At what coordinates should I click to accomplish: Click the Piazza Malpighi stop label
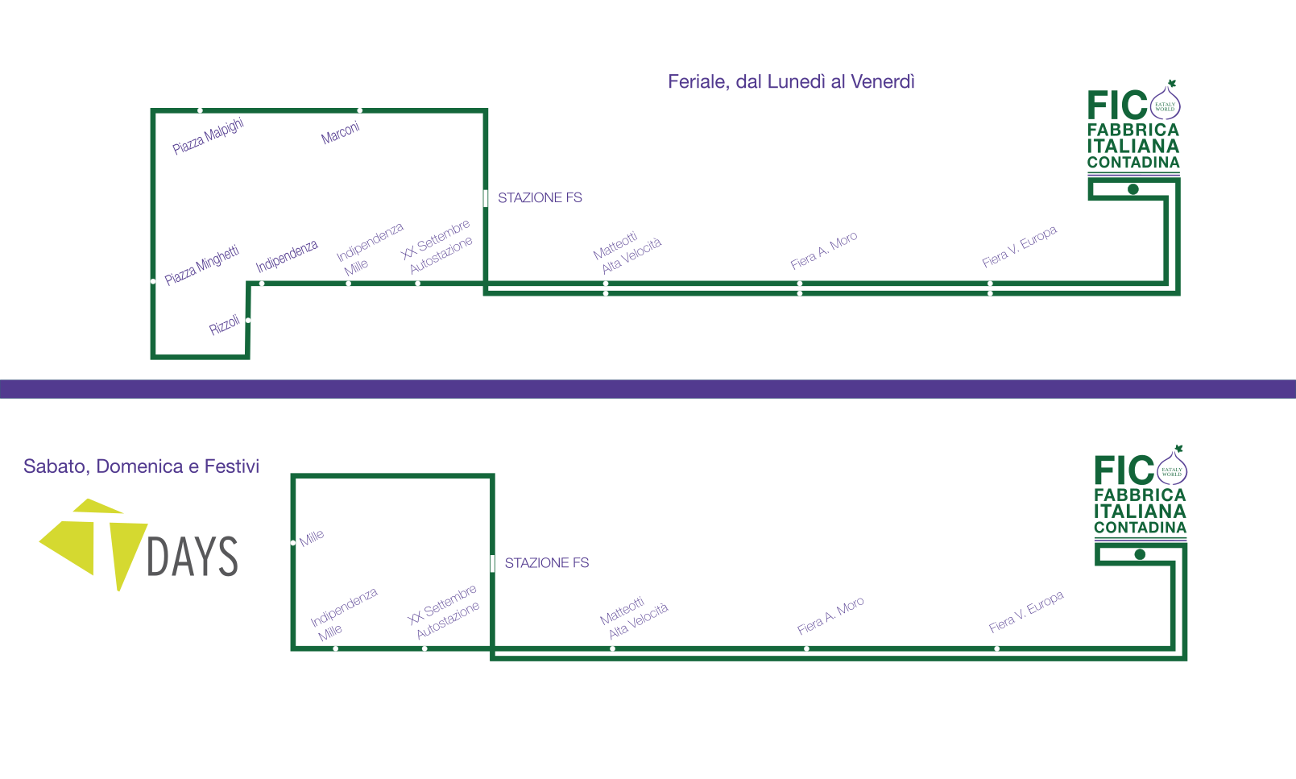point(208,136)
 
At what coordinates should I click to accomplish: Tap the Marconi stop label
point(340,133)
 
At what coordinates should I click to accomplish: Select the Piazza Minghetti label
point(201,265)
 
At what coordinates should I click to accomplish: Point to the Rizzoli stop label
point(224,325)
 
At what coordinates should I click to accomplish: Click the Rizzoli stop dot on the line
point(248,320)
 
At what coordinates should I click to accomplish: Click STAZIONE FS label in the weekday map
point(540,198)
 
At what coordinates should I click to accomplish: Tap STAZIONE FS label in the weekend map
point(547,563)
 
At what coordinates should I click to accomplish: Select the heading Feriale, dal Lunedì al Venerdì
point(791,81)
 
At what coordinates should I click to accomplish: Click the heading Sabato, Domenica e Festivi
point(141,466)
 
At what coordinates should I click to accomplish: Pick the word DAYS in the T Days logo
point(192,556)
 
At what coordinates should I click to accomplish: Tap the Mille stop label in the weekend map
point(311,537)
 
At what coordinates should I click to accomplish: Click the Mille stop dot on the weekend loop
point(293,543)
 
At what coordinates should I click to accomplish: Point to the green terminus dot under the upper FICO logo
point(1133,189)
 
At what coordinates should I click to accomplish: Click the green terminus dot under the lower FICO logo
point(1141,554)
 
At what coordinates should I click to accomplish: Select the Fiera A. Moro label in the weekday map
point(823,251)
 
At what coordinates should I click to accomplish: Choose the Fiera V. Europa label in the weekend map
point(1026,611)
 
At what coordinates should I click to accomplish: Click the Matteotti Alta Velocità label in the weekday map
point(627,253)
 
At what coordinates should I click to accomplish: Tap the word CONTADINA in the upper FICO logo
point(1133,163)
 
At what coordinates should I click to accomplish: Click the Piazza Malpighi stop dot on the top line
point(201,110)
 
